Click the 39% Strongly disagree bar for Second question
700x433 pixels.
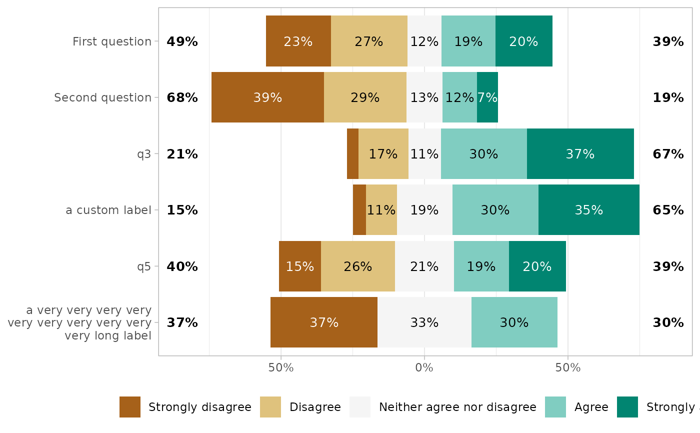267,97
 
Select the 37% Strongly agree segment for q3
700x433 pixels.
580,154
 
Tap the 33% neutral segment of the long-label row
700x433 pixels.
424,322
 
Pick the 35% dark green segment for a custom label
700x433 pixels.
588,210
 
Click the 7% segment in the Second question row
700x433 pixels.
487,97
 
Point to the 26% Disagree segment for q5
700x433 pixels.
357,266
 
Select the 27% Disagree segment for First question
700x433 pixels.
369,41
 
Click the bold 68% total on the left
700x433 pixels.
182,98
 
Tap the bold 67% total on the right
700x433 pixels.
668,154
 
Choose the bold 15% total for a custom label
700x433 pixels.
182,210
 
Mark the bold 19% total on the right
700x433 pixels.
668,98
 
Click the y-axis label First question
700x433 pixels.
112,41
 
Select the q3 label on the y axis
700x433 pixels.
144,154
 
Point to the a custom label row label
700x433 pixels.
108,210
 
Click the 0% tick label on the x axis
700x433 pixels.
424,368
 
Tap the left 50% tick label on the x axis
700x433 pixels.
280,368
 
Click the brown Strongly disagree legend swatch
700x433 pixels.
130,407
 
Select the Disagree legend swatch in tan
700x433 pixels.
270,407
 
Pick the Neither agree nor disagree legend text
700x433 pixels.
457,407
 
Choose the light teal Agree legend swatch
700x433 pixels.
555,407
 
